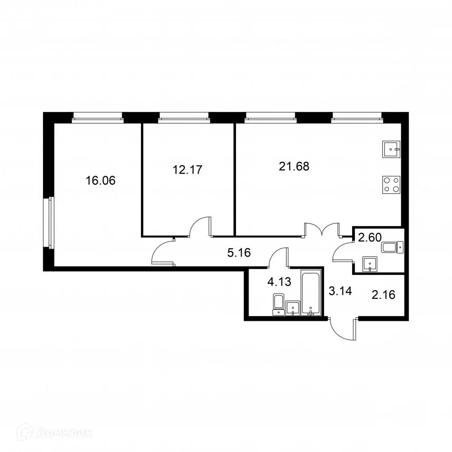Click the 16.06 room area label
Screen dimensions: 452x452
pos(101,181)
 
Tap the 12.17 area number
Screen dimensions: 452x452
pos(187,170)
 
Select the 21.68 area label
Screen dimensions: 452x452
pos(294,166)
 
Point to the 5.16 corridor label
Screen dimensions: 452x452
pos(239,253)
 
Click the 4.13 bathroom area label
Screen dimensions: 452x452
pos(279,282)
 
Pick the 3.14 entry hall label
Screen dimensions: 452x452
pos(339,291)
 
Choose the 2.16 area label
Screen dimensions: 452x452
pos(383,295)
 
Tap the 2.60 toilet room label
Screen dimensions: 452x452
pos(370,237)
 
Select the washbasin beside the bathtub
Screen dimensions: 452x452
pos(293,307)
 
